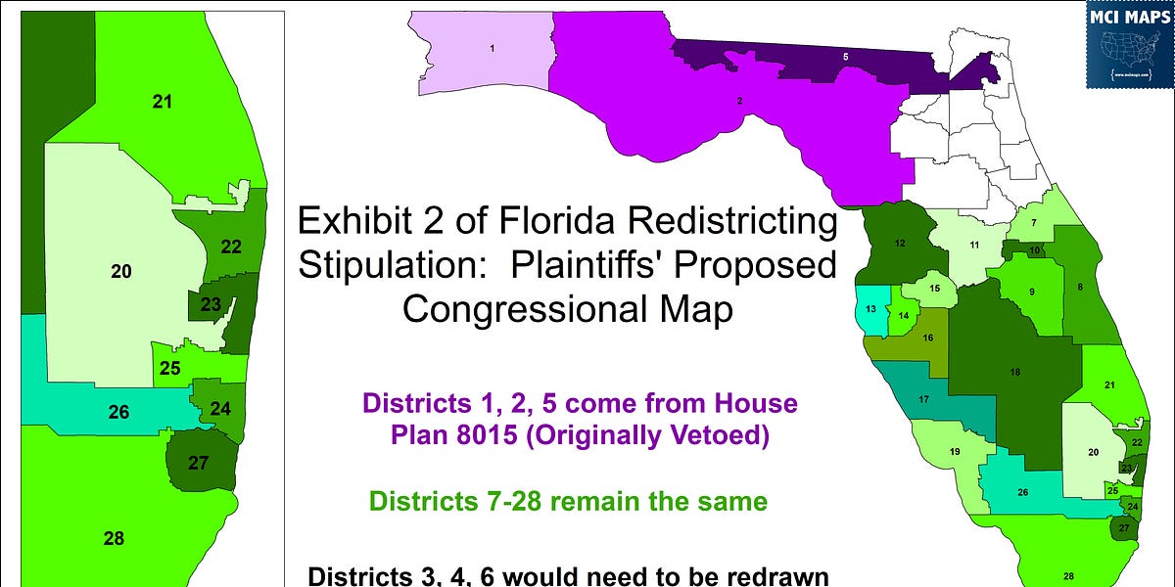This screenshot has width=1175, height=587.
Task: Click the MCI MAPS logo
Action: (1129, 44)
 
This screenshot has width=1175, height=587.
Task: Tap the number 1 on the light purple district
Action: (491, 47)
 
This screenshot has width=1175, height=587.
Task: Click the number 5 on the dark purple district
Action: (845, 58)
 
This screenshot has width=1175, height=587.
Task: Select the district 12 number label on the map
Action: (899, 242)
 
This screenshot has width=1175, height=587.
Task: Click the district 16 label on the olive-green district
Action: (928, 338)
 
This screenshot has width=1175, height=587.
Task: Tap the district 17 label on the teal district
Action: (923, 399)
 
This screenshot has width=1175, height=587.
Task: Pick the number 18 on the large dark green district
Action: (1015, 373)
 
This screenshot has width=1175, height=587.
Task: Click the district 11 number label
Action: (974, 244)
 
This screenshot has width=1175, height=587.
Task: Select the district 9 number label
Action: (1031, 293)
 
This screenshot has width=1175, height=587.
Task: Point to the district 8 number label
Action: (1079, 287)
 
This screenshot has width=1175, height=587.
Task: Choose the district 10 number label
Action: (1034, 250)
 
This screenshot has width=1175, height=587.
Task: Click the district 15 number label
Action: (935, 289)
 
